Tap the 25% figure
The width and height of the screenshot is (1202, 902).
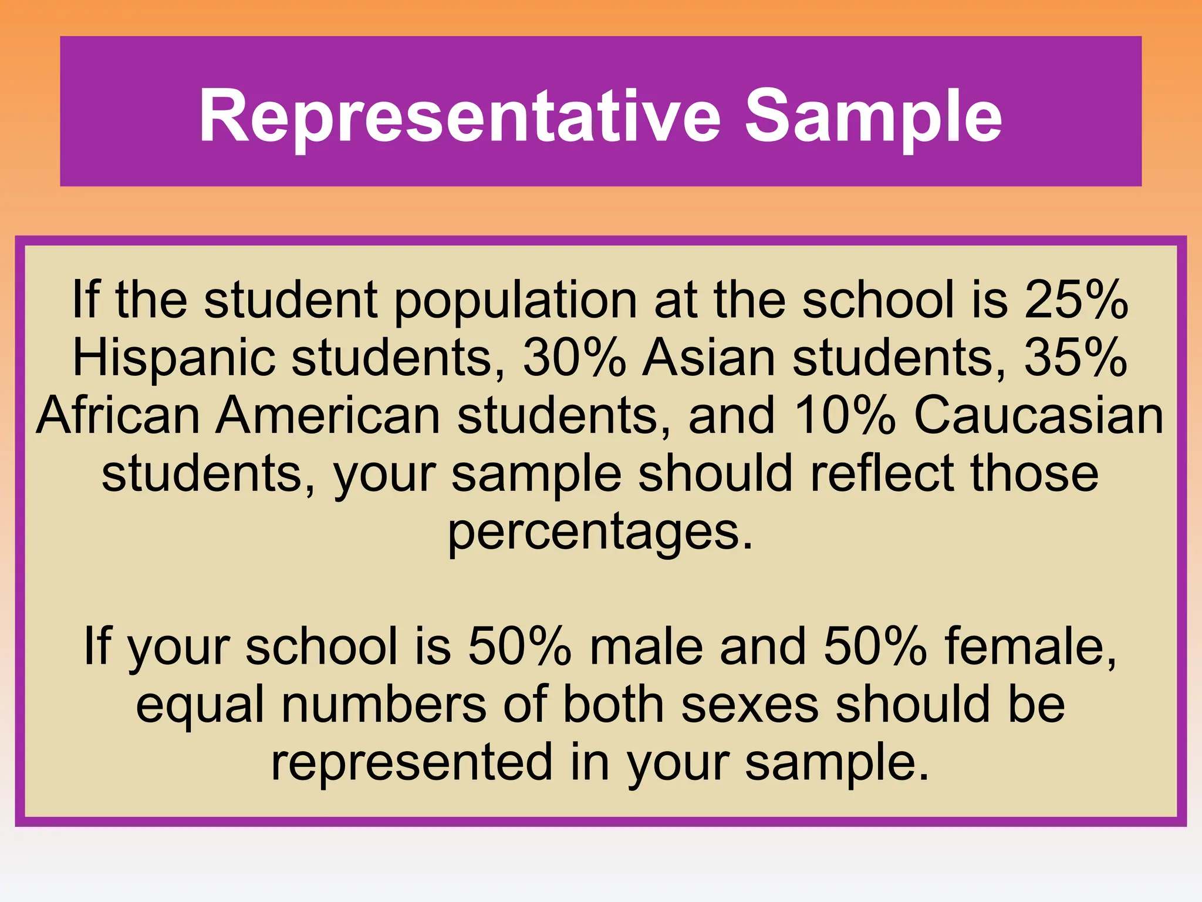pos(1076,299)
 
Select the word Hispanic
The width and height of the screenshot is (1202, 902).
pos(174,358)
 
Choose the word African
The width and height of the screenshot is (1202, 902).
pos(118,415)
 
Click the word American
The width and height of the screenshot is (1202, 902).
pos(328,415)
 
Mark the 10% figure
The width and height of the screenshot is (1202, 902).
pos(845,415)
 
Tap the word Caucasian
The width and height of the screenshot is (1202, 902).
pos(1039,415)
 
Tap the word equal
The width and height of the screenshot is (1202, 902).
pos(200,705)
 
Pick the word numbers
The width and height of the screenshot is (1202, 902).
pos(384,704)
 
